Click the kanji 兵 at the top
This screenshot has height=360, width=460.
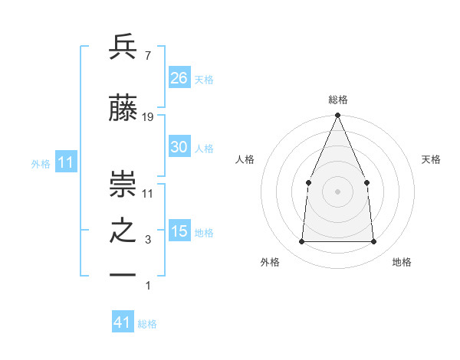point(123,47)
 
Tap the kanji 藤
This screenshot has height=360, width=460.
point(123,108)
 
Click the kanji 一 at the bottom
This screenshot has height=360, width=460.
point(123,274)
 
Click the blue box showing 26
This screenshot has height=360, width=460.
point(179,77)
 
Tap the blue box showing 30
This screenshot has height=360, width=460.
point(179,147)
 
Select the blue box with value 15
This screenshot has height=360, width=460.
point(179,231)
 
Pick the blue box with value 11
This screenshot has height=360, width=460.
point(66,162)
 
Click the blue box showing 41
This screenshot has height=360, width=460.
point(123,322)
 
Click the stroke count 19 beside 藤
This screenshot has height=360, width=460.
point(148,117)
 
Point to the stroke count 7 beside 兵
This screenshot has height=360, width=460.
point(147,56)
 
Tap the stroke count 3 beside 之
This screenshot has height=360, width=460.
point(148,241)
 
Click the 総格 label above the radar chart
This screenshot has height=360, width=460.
point(337,100)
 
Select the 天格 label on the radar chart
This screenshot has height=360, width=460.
point(431,159)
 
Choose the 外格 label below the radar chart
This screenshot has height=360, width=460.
point(270,262)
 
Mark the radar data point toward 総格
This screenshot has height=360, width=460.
point(337,116)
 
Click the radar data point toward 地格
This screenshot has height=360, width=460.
point(374,242)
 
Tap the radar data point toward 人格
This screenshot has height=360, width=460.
point(308,182)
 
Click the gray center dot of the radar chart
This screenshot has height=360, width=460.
point(337,191)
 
